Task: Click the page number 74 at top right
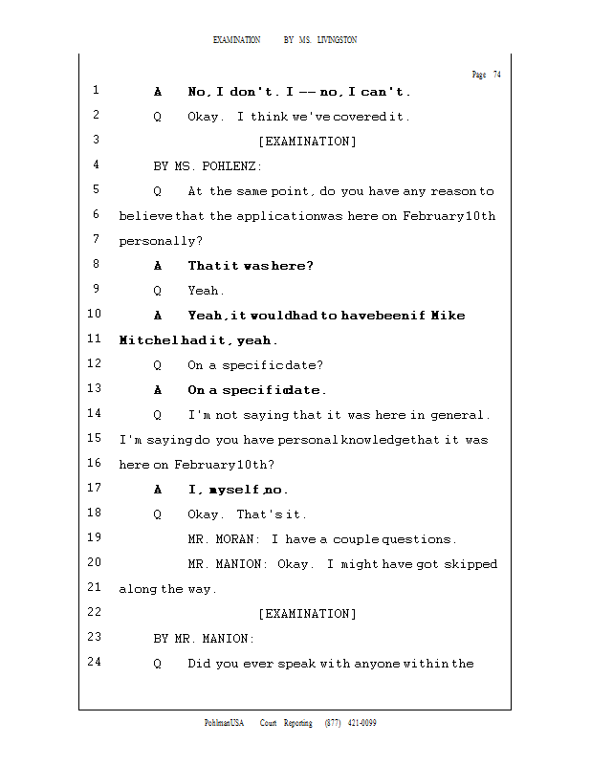[496, 75]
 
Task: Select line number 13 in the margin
[95, 388]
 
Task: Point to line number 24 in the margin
[95, 662]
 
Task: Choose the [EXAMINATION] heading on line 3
[307, 142]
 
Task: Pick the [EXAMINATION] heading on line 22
[307, 614]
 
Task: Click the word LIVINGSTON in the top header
[337, 40]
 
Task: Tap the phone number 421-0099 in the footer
[361, 723]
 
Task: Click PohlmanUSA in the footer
[224, 723]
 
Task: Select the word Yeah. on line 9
[206, 291]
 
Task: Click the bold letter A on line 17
[158, 490]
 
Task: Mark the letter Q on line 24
[157, 664]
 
